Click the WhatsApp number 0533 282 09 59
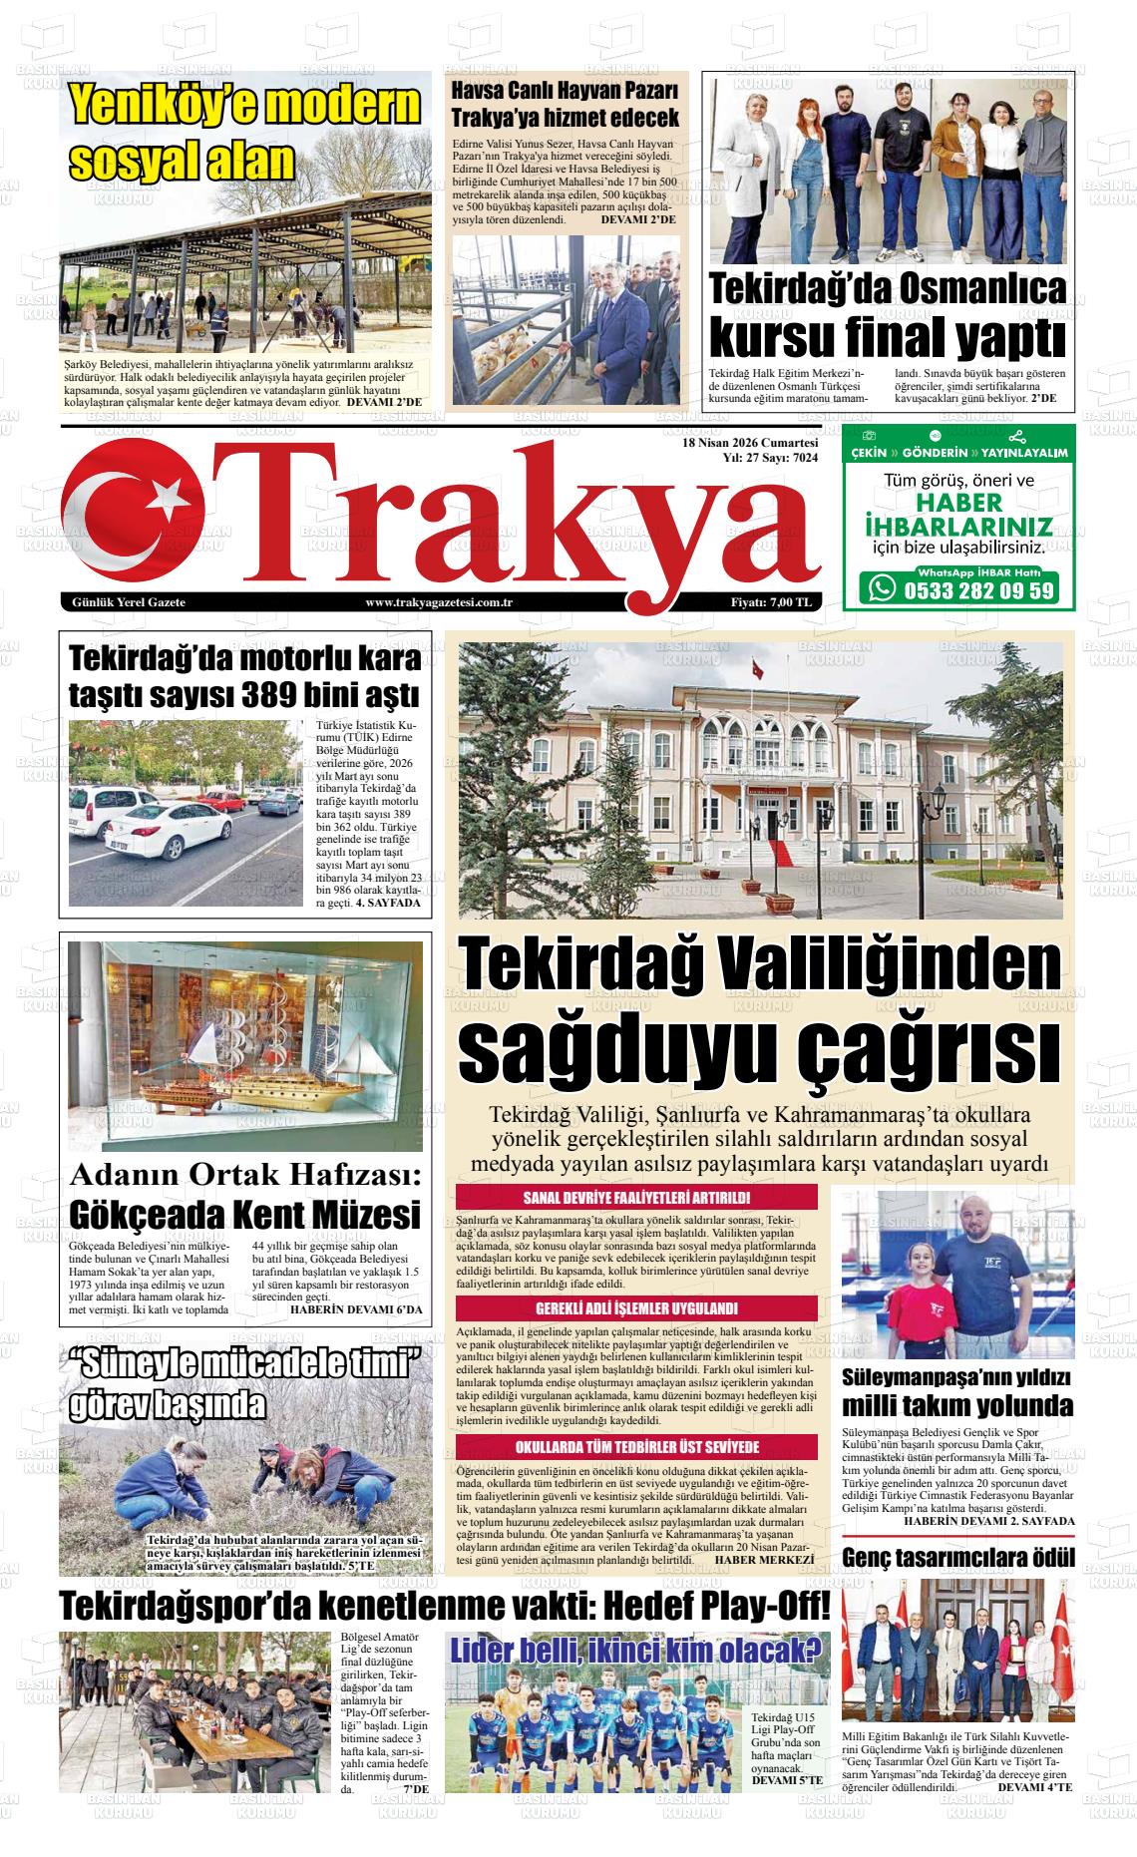pos(976,590)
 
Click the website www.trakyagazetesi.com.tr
pos(439,602)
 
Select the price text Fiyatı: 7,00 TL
pos(771,602)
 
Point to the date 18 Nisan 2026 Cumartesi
pos(750,443)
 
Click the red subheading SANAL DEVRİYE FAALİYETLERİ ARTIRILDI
pos(636,1198)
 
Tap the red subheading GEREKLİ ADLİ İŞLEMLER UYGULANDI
pos(636,1308)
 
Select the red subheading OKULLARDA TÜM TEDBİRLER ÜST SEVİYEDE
pos(636,1447)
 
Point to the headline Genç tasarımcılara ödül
pos(958,1557)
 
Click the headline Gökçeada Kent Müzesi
pos(244,1216)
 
